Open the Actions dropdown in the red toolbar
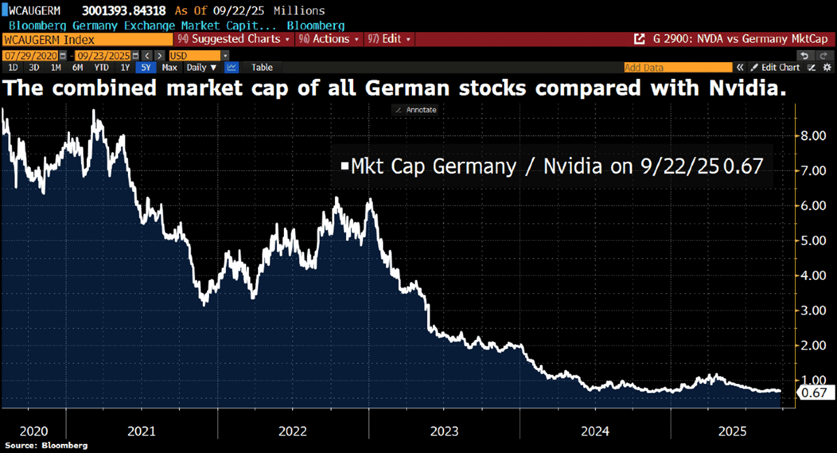[331, 39]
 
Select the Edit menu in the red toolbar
[390, 39]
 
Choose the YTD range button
[101, 67]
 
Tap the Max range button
[169, 67]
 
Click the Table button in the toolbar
[262, 67]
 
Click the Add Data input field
[678, 67]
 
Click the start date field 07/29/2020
[31, 56]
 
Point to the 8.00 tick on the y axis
[813, 136]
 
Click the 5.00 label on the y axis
[813, 241]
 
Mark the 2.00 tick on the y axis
[813, 345]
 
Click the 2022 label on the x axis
[293, 431]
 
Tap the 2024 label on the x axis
[595, 431]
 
